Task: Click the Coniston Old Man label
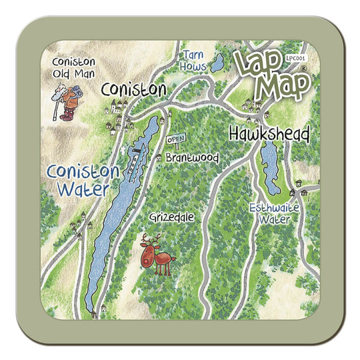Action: click(74, 67)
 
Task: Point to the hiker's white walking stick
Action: click(56, 103)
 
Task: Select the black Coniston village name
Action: click(133, 89)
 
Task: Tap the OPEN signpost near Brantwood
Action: click(175, 139)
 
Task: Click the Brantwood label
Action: click(191, 158)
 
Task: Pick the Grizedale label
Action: click(169, 217)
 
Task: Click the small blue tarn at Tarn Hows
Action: click(217, 64)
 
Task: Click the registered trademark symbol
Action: click(303, 68)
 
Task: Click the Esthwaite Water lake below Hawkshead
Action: click(270, 167)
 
